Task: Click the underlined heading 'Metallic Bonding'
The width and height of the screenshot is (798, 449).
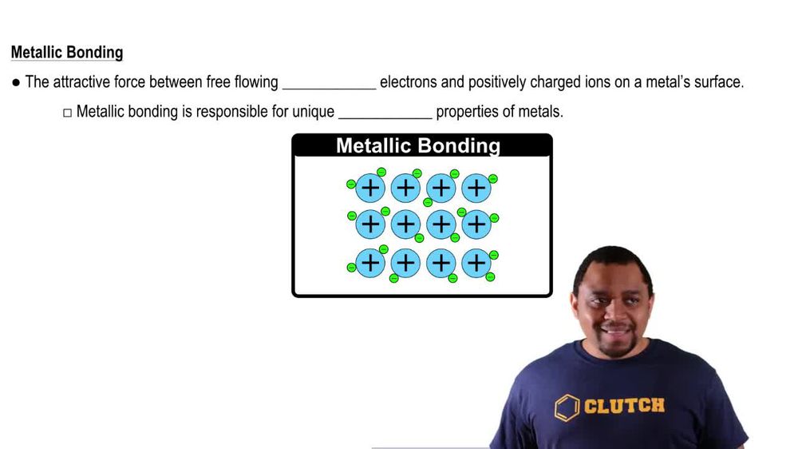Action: point(67,53)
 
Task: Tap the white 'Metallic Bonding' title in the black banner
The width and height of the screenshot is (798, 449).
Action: point(418,146)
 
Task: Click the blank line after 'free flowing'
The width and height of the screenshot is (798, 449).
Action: point(329,82)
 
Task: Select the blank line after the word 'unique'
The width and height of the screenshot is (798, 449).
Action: point(385,112)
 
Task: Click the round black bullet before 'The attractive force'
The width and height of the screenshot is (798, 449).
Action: point(16,82)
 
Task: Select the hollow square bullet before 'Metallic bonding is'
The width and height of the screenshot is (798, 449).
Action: point(67,113)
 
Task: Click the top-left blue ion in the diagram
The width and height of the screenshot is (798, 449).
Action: point(370,188)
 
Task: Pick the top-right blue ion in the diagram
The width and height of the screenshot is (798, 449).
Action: point(476,188)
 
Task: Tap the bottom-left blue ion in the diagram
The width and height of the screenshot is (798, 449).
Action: point(370,262)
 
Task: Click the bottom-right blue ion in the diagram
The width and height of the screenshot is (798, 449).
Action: point(476,262)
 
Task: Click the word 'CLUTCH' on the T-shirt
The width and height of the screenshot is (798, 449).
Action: point(624,406)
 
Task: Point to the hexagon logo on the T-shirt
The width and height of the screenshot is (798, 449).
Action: point(567,407)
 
